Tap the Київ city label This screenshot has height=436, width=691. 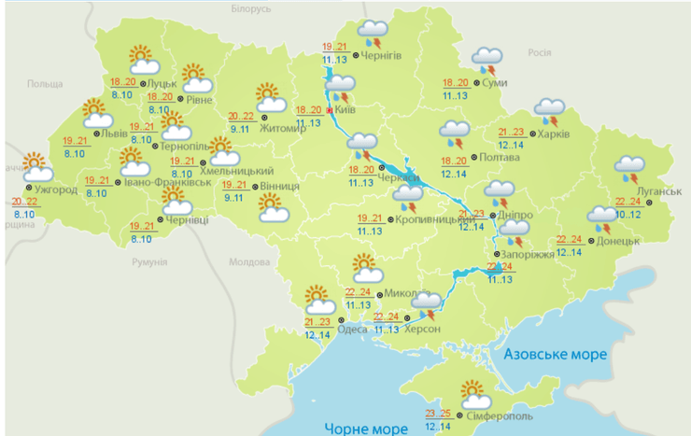[345, 110]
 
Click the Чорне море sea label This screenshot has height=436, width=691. [366, 429]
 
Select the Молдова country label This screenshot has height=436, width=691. [248, 262]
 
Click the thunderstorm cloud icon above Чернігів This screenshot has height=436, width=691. [374, 34]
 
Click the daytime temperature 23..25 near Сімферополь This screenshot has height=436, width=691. [438, 413]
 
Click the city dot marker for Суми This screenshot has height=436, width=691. [478, 83]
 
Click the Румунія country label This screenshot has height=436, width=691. [149, 263]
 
